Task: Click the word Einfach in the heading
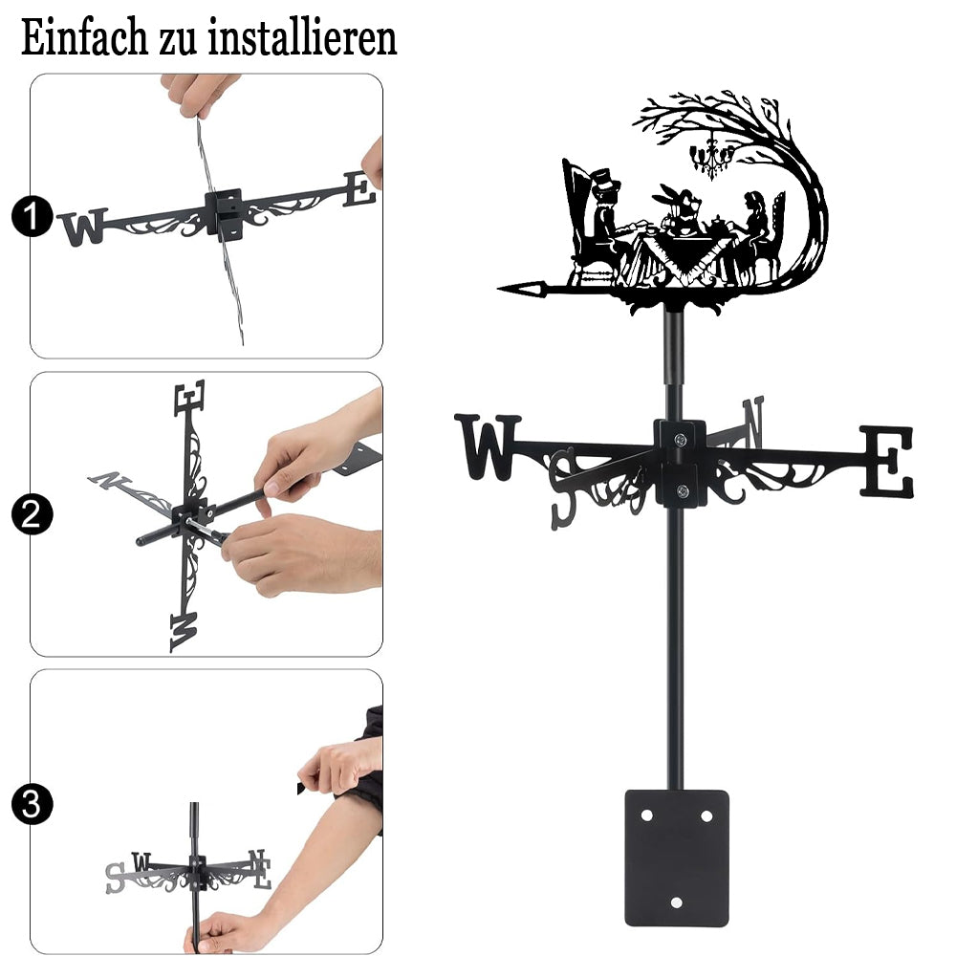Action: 84,37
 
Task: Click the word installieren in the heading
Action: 302,37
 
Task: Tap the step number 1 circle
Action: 32,216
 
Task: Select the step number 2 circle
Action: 32,514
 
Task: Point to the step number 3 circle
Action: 32,804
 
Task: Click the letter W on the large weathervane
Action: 488,445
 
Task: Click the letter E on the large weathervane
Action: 888,461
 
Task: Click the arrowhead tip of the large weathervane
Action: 500,289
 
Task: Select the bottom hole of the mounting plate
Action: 676,902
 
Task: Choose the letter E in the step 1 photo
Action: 359,189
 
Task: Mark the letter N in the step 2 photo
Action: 109,480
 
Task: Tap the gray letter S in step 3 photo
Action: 114,878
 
